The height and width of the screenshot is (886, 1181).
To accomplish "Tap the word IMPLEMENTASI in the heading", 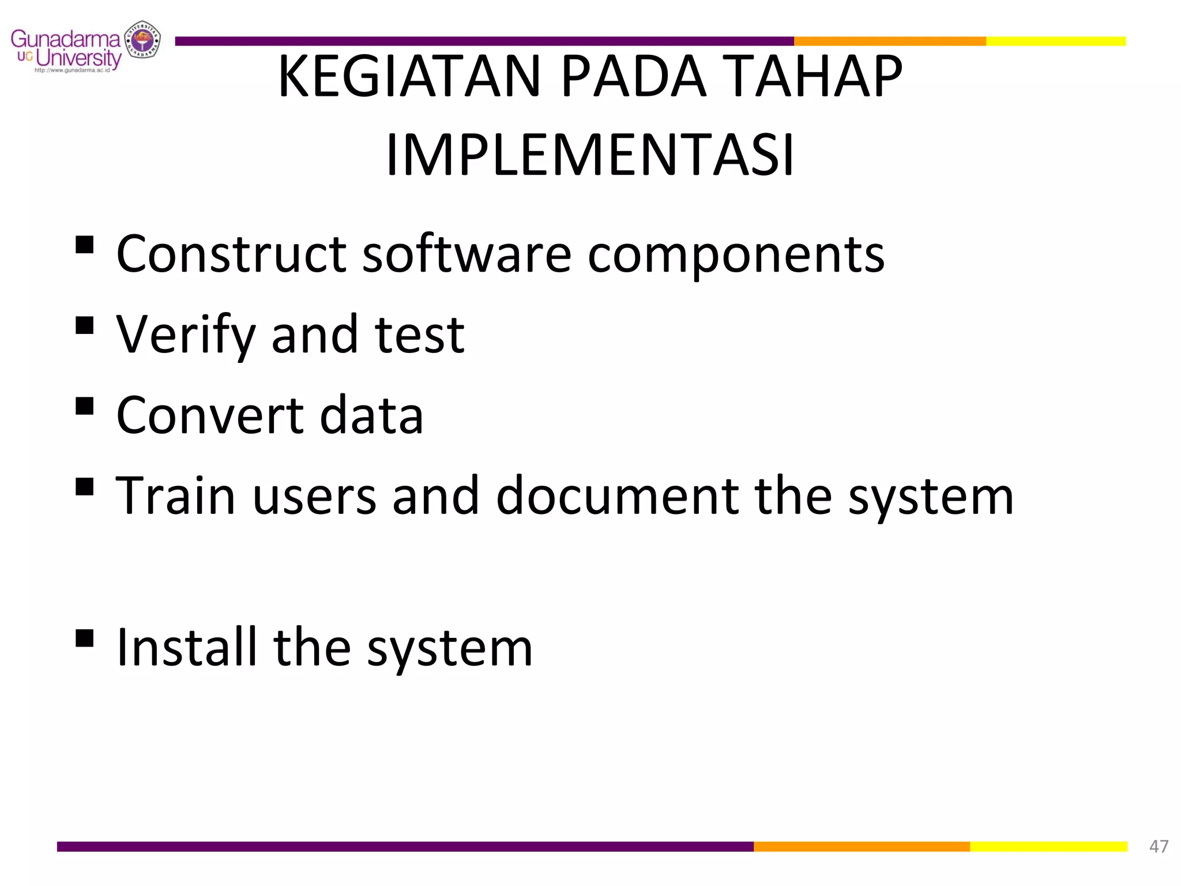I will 590,155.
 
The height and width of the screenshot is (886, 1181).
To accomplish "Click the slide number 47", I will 1159,846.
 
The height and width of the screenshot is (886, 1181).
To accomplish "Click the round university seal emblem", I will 143,40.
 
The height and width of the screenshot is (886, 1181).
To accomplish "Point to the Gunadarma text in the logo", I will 65,39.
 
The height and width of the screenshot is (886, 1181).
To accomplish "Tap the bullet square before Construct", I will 84,245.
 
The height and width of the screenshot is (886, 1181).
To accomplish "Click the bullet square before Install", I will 84,638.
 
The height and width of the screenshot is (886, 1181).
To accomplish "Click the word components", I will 736,255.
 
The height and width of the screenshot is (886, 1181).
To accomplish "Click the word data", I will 371,415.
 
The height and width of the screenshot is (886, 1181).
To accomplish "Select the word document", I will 617,496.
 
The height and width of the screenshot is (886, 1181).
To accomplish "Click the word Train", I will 175,496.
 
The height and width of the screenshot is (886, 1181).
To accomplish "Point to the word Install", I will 186,647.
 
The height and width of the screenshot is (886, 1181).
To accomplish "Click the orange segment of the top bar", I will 889,41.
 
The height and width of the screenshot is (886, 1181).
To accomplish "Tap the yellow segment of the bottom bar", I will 1048,846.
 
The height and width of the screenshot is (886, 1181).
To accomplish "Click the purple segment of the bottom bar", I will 404,846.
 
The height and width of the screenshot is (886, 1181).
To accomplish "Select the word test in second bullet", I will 419,336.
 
